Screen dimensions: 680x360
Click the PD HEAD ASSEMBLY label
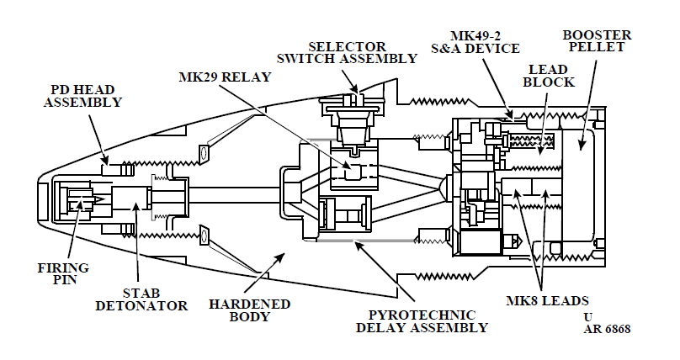tap(82, 96)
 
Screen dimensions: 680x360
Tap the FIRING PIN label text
tap(63, 274)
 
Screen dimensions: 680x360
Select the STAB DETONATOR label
tap(141, 299)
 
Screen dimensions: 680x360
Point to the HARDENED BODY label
tap(249, 310)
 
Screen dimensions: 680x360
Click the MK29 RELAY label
tap(225, 77)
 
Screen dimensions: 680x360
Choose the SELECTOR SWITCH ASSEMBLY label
tap(347, 52)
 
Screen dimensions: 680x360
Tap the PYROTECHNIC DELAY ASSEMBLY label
tap(422, 321)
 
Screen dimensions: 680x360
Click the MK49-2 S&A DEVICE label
tap(475, 42)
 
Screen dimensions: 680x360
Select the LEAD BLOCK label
tap(549, 76)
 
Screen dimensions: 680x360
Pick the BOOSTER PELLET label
tap(597, 40)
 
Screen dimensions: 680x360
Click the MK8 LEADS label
tap(547, 300)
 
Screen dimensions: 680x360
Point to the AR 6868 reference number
tap(607, 329)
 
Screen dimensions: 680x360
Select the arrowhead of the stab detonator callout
tap(135, 204)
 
